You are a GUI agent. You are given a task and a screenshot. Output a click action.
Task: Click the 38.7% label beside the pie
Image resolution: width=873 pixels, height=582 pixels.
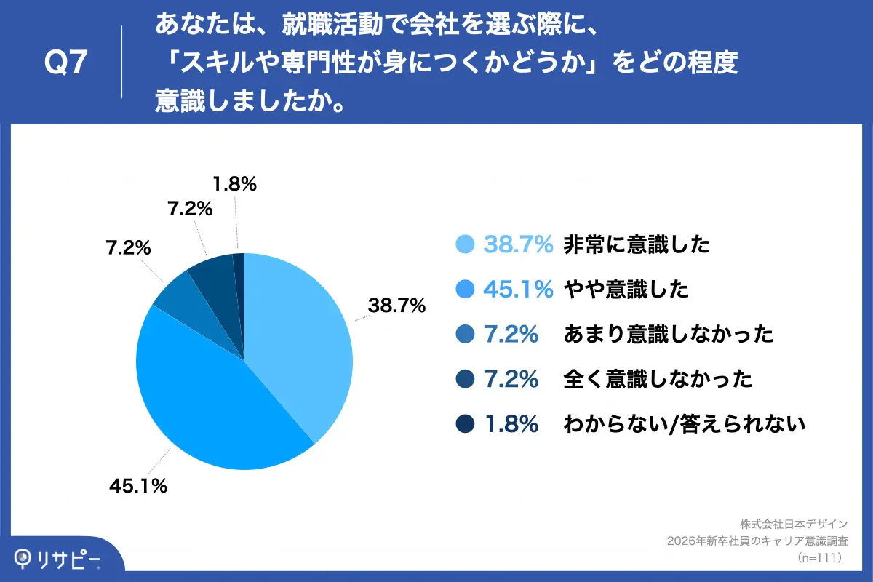[396, 306]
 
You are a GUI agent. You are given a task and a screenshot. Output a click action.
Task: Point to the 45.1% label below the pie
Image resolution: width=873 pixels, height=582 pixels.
[138, 486]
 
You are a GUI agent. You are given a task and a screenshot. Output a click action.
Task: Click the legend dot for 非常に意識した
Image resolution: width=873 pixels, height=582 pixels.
[465, 245]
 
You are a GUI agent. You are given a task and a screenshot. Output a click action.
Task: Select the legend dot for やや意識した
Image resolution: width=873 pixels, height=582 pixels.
[465, 290]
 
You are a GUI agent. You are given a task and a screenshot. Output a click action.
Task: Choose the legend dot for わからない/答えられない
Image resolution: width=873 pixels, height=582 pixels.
[465, 423]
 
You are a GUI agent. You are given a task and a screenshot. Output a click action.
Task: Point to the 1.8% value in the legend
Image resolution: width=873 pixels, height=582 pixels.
[511, 423]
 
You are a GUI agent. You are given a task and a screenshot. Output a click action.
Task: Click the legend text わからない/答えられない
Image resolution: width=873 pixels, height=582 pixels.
[685, 423]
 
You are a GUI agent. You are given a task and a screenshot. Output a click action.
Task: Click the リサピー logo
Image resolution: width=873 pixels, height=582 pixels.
[58, 559]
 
